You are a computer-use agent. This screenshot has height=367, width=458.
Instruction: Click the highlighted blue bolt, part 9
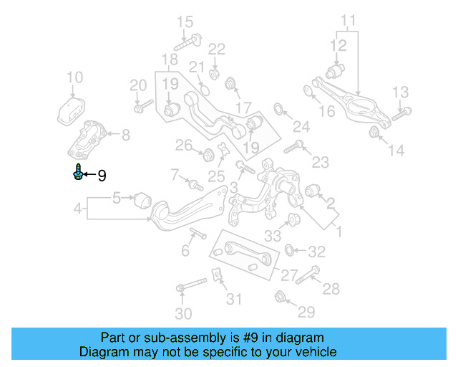(77, 172)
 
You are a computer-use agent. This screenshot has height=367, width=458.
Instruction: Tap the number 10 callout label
(74, 77)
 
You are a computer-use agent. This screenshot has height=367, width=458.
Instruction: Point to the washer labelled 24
(278, 110)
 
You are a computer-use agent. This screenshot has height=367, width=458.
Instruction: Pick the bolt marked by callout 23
(294, 149)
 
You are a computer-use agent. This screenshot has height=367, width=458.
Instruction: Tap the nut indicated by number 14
(374, 133)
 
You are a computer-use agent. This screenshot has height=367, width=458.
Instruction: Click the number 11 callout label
(348, 19)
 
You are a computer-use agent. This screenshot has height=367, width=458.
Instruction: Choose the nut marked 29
(281, 295)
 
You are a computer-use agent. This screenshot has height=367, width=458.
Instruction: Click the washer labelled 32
(289, 250)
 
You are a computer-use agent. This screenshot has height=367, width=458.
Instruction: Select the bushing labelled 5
(142, 197)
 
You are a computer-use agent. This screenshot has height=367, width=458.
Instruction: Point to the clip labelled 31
(215, 275)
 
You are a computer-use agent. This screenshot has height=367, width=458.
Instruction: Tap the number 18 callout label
(170, 59)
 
